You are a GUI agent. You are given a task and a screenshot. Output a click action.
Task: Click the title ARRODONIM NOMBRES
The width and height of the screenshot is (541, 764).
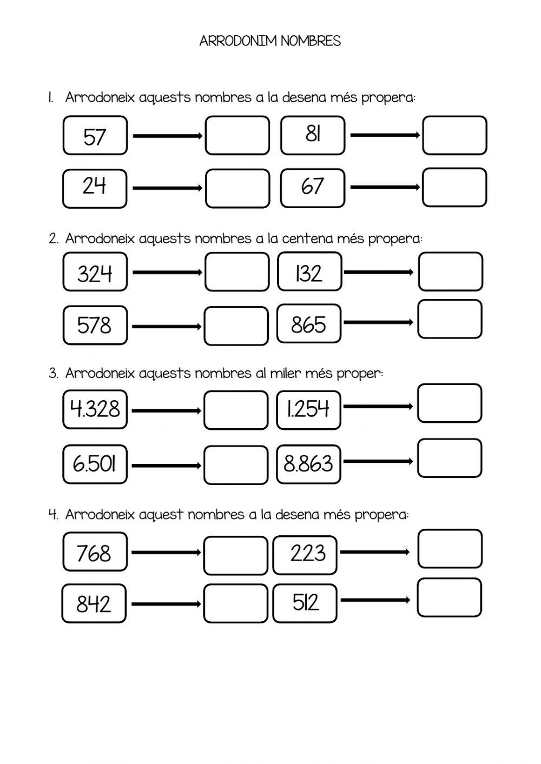click(270, 41)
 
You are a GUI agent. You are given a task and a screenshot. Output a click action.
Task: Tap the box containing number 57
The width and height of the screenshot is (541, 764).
click(95, 136)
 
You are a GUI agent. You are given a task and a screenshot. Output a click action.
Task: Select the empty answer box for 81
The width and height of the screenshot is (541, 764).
click(454, 135)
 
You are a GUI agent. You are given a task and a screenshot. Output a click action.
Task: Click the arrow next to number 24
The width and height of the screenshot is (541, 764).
click(167, 188)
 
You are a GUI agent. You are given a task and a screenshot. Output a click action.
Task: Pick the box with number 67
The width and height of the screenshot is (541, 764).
click(312, 188)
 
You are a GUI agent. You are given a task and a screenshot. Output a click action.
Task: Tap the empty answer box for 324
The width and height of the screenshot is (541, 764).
click(237, 272)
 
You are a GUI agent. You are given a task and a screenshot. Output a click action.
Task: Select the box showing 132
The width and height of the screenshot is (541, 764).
click(309, 272)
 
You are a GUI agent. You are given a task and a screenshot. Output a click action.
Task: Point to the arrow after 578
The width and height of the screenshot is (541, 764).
click(167, 326)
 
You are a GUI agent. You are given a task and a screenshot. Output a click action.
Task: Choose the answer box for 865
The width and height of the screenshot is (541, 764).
click(450, 319)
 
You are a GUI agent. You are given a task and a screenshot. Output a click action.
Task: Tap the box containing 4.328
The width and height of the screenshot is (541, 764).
click(95, 409)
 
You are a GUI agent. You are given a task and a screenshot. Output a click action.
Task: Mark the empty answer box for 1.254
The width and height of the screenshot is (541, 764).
click(450, 403)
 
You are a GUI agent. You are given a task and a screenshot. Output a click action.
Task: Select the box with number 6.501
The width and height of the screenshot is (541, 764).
click(95, 464)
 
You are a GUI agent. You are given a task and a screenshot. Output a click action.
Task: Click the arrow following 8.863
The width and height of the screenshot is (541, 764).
click(378, 461)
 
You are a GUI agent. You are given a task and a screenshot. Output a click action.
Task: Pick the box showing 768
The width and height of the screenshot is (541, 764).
click(95, 552)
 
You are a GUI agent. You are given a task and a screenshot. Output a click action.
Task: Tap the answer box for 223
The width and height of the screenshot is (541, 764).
click(450, 549)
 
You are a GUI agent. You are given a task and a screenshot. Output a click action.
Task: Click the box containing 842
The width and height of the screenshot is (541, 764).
click(94, 603)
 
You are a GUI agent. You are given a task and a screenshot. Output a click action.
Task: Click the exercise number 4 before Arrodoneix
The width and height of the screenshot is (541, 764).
click(53, 514)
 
